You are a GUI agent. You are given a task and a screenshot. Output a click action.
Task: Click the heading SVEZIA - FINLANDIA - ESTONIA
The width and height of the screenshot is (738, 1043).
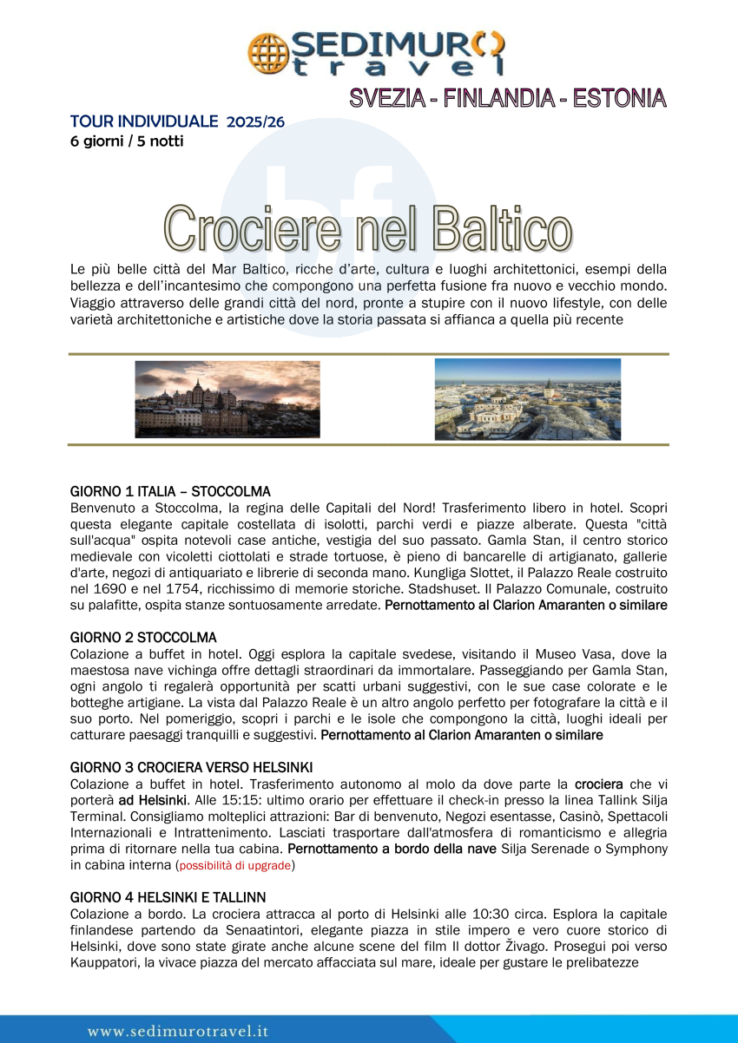[x=508, y=98]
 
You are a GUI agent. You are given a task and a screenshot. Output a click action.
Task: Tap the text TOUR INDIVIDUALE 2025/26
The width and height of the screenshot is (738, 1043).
[x=177, y=121]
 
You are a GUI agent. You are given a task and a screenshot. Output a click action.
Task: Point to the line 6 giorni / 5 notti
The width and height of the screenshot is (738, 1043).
[x=127, y=141]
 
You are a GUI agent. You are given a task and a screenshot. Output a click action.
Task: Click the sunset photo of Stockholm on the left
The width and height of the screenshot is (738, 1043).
[x=227, y=400]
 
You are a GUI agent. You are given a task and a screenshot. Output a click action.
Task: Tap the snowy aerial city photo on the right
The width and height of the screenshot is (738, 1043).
[x=528, y=400]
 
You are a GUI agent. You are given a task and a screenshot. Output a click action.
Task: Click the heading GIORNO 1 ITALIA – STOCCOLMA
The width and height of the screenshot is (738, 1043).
[x=170, y=491]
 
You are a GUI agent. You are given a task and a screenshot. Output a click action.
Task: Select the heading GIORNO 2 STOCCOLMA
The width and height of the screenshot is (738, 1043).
[x=143, y=638]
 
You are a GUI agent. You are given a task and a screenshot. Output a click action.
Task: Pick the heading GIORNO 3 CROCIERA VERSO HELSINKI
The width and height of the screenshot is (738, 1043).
[x=191, y=767]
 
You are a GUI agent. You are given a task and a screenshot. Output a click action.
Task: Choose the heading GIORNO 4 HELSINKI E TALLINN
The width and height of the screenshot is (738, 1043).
[x=168, y=896]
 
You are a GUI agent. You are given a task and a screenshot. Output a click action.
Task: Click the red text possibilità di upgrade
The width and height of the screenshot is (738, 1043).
[x=236, y=866]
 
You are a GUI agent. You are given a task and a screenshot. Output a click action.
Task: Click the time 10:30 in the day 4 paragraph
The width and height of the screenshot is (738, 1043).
[x=469, y=913]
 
